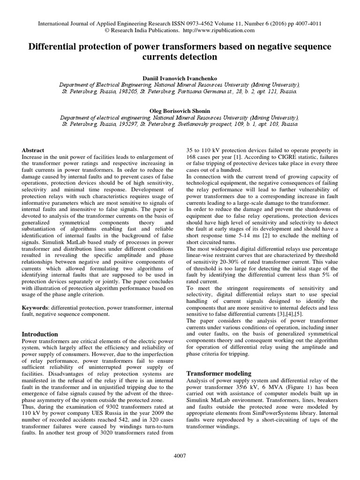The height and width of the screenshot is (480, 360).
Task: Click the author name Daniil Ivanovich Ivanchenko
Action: pyautogui.click(x=180, y=77)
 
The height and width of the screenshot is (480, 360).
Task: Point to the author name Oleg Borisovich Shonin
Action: pyautogui.click(x=180, y=111)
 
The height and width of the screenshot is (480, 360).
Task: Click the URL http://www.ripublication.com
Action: pyautogui.click(x=218, y=30)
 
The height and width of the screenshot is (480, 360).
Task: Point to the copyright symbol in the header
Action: pyautogui.click(x=108, y=30)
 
